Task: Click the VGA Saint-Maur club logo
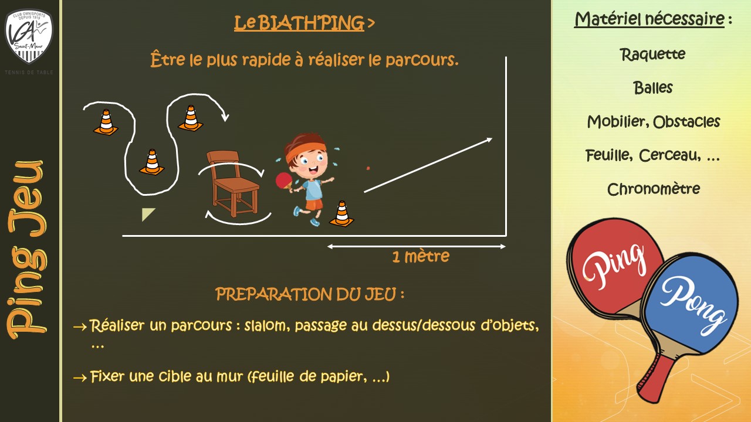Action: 29,36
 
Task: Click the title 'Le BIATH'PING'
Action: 299,23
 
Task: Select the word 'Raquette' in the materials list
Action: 652,55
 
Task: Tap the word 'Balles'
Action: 653,88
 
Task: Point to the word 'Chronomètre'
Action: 654,189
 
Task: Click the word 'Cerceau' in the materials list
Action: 669,155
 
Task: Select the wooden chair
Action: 233,183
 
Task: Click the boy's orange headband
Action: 305,150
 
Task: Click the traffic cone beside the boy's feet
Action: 341,214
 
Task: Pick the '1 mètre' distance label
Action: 421,257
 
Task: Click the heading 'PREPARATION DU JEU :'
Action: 310,294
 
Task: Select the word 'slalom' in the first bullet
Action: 267,325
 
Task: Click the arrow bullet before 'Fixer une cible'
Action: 80,378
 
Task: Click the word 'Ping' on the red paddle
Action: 614,267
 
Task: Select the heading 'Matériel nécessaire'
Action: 649,19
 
